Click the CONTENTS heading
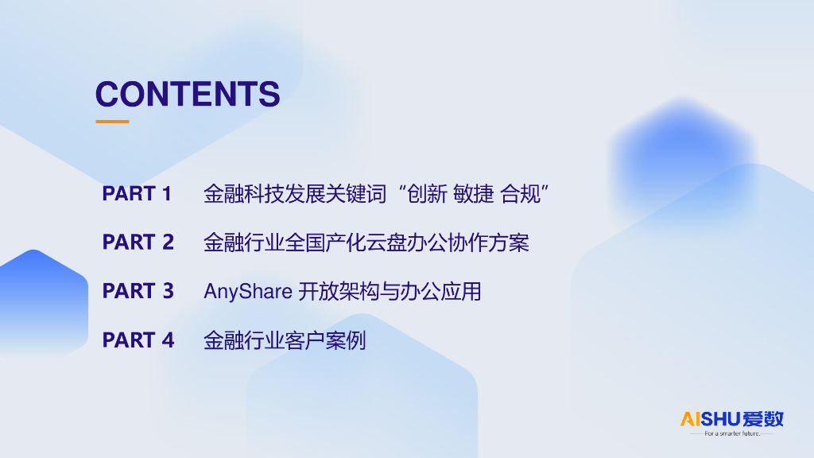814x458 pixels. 188,94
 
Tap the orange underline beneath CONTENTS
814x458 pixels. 112,122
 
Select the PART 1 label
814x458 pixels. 137,193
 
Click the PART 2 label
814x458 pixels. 138,243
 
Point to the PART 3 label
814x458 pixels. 138,291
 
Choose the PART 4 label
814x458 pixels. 138,340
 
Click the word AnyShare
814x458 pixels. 247,292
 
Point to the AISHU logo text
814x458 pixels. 711,418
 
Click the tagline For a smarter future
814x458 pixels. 732,434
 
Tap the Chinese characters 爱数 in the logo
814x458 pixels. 763,418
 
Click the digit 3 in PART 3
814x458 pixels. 168,291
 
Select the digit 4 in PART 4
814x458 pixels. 168,340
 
